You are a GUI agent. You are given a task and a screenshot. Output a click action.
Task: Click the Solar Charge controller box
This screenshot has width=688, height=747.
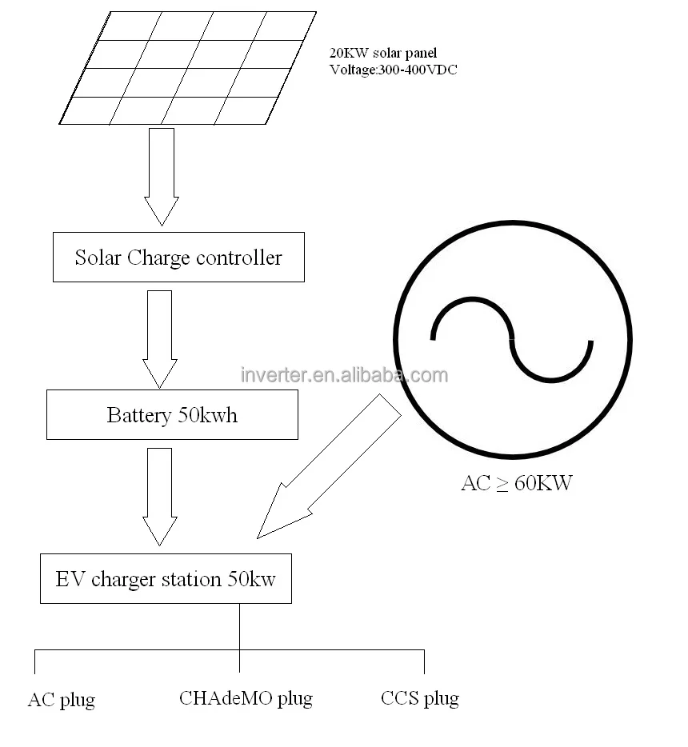click(x=178, y=257)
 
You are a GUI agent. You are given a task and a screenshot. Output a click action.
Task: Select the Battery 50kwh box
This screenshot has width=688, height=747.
click(x=172, y=415)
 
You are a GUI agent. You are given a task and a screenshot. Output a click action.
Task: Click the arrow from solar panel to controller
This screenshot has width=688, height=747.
click(x=161, y=176)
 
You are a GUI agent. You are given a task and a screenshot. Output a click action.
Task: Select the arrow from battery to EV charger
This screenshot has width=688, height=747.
click(x=159, y=497)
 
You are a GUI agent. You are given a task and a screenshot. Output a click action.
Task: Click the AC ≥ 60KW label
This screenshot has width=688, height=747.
click(x=517, y=483)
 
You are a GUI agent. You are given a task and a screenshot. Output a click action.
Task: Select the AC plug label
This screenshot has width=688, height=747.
click(x=62, y=700)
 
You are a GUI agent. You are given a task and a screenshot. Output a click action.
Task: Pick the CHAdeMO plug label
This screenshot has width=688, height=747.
click(x=246, y=698)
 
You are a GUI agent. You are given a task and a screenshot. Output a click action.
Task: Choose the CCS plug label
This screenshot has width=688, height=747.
click(x=420, y=698)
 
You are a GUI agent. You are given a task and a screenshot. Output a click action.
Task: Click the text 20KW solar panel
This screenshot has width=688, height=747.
click(x=384, y=54)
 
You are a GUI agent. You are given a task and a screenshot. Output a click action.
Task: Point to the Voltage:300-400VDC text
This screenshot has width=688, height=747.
click(x=394, y=70)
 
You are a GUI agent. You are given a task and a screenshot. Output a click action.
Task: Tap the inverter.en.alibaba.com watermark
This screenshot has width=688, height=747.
click(x=344, y=374)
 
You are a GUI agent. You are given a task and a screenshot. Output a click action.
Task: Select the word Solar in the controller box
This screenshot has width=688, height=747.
click(x=97, y=258)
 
